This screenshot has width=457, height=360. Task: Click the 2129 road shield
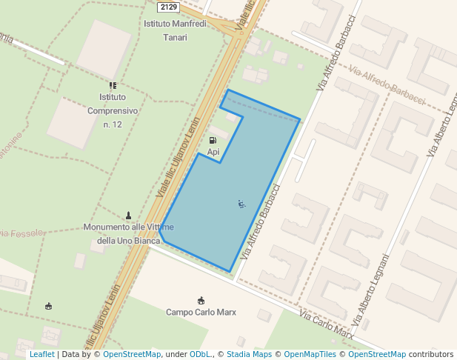tap(168, 7)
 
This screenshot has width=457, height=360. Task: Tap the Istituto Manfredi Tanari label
tap(175, 30)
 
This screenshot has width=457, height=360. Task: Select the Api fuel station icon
tap(213, 140)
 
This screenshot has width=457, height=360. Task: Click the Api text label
tap(213, 152)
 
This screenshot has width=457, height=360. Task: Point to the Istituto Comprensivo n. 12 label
tap(113, 110)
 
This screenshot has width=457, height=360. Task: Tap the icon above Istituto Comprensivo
tap(113, 86)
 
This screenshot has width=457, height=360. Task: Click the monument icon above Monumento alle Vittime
tap(129, 215)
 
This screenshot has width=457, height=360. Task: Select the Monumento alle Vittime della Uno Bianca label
tap(129, 233)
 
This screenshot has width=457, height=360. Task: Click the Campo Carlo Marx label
tap(201, 312)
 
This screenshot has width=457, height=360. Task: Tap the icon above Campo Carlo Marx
tap(201, 300)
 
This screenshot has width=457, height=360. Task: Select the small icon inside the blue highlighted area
tap(241, 203)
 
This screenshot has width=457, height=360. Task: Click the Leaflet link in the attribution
tap(41, 354)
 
